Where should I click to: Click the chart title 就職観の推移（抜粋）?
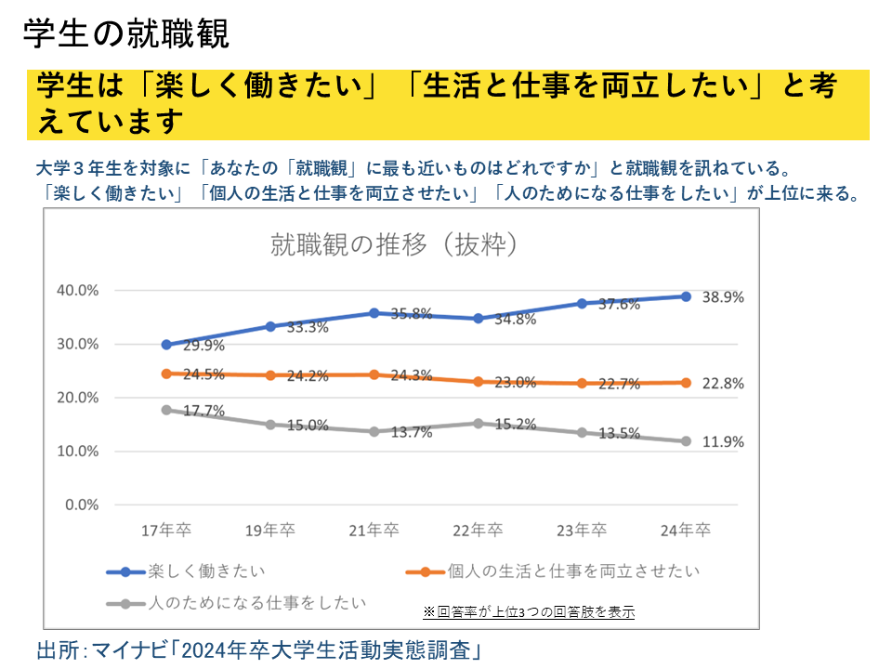(x=393, y=245)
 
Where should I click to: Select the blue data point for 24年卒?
(x=686, y=296)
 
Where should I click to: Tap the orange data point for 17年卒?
(x=166, y=374)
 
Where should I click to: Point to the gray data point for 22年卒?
(x=479, y=423)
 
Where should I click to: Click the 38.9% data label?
(x=724, y=297)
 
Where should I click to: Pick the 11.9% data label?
(x=724, y=442)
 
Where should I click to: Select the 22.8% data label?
(x=724, y=384)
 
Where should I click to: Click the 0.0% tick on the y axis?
(x=81, y=505)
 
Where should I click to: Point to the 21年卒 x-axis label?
(x=374, y=531)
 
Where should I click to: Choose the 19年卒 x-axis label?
(x=270, y=531)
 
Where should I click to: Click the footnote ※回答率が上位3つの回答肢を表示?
(x=529, y=611)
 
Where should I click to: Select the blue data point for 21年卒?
(x=374, y=313)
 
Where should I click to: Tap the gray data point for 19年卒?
(x=270, y=425)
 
